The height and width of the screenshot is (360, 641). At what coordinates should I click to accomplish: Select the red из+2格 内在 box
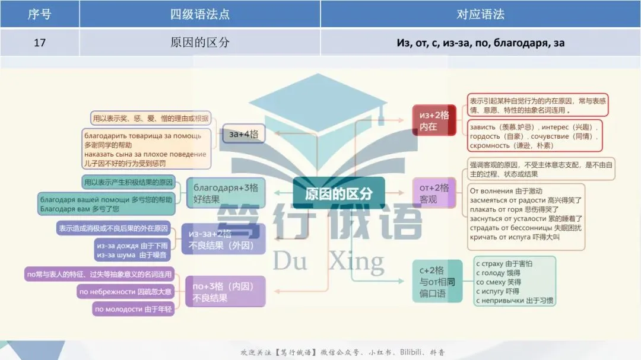[x=434, y=120]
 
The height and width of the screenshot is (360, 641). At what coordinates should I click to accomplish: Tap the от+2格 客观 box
[x=435, y=193]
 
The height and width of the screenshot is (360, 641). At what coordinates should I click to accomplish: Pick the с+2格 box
[x=437, y=282]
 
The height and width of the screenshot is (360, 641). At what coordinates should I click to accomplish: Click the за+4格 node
[x=243, y=135]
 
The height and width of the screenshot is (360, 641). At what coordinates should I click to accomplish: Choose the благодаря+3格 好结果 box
[x=226, y=193]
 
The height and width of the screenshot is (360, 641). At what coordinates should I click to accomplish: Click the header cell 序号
[x=39, y=14]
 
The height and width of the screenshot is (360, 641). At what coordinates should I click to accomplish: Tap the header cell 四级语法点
[x=200, y=14]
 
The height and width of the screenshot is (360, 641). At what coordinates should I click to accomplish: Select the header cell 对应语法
[x=480, y=14]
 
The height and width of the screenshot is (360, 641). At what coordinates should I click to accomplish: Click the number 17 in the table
[x=39, y=43]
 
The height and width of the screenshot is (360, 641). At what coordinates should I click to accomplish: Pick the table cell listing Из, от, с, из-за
[x=480, y=43]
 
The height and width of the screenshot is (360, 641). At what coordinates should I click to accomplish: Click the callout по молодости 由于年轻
[x=134, y=309]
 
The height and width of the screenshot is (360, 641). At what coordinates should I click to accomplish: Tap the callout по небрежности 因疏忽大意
[x=125, y=291]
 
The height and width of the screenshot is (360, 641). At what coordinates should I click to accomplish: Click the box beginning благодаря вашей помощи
[x=106, y=204]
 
